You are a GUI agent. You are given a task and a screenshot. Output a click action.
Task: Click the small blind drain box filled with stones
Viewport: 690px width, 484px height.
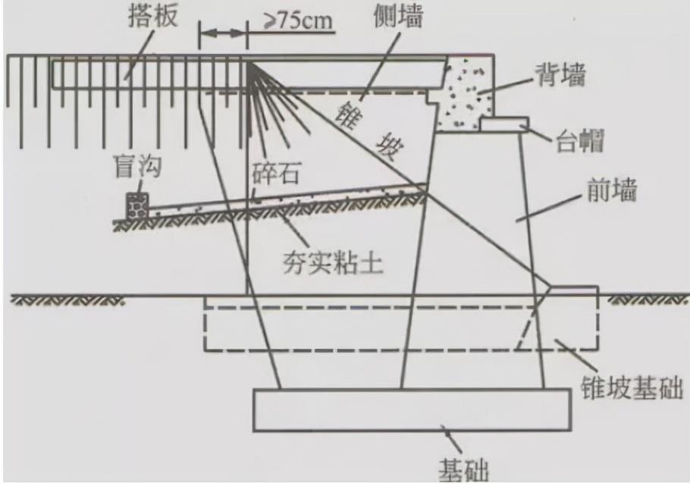coord(137,206)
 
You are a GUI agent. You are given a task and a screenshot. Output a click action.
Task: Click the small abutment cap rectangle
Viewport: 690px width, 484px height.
coord(503,122)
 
